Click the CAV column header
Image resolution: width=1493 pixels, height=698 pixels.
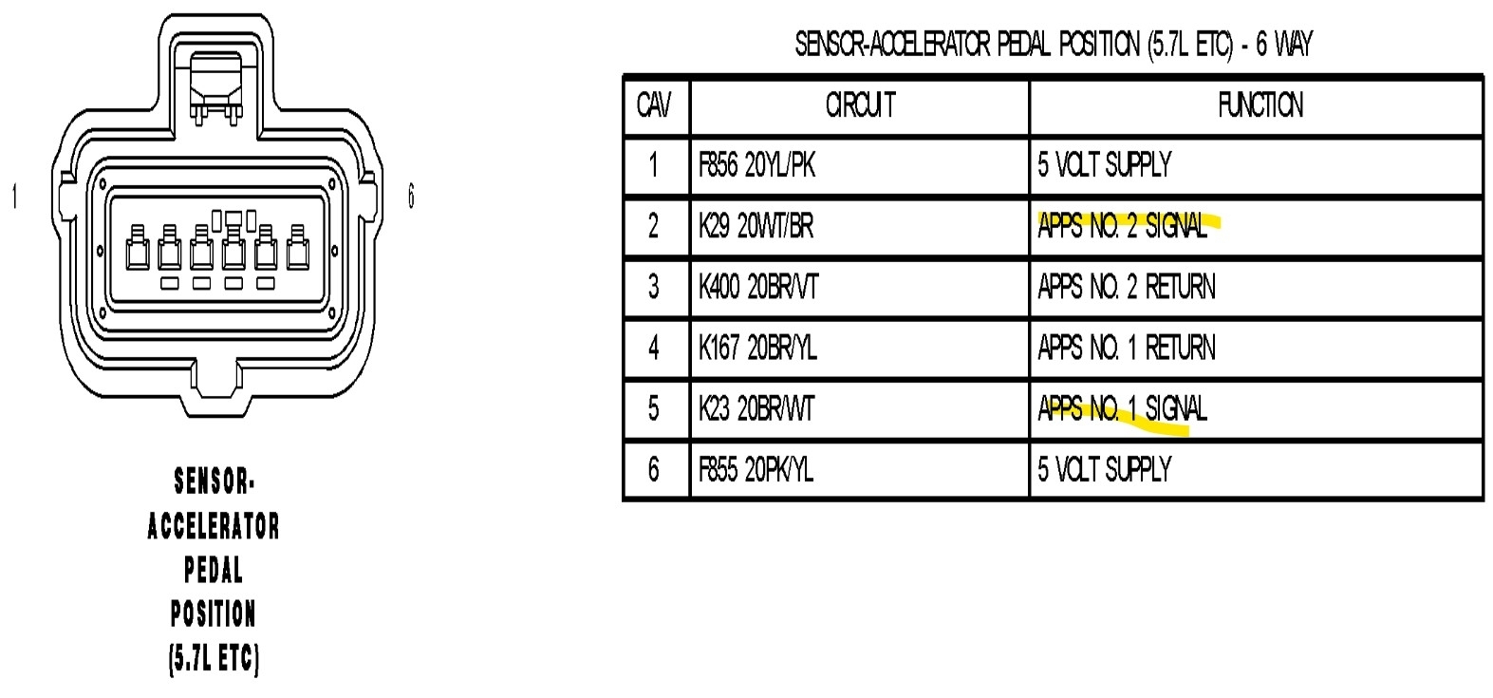point(654,105)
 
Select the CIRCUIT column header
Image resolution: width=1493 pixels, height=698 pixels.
point(860,105)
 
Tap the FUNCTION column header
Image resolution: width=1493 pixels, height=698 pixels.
point(1260,105)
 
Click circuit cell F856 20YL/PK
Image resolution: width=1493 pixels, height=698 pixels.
point(756,165)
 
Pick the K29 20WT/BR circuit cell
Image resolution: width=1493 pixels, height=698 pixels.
point(756,226)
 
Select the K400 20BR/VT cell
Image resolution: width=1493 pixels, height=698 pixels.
point(757,287)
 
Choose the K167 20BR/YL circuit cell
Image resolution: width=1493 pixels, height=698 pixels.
point(757,348)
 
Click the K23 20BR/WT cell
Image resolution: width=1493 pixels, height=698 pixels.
point(756,408)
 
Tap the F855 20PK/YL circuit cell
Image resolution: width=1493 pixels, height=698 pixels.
point(756,469)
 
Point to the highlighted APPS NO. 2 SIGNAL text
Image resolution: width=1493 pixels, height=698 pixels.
point(1122,226)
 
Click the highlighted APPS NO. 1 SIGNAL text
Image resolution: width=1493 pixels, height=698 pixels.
point(1122,408)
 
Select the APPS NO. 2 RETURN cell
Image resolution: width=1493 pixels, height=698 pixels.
point(1126,287)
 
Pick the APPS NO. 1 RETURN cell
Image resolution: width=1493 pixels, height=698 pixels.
point(1126,348)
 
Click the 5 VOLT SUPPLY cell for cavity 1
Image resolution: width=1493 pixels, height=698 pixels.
point(1104,165)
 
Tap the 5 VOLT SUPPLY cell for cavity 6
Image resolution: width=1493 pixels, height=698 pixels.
point(1104,469)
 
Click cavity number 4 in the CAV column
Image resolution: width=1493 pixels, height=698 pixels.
point(653,348)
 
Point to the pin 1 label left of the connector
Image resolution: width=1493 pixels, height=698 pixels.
point(14,197)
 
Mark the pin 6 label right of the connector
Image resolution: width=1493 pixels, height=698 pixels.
point(411,197)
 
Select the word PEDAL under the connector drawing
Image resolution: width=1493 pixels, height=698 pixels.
point(214,570)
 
